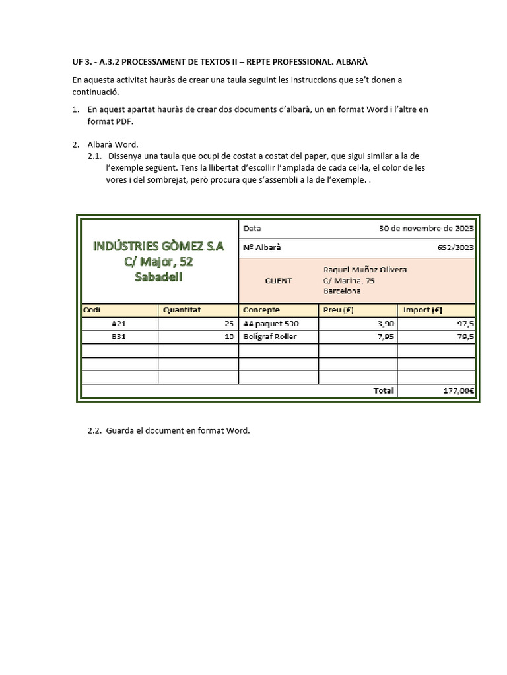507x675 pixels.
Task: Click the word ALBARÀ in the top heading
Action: pos(351,61)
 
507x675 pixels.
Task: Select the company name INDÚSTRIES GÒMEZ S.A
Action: pos(158,246)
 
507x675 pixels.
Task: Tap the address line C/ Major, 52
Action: pos(158,262)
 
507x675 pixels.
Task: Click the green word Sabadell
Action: pos(158,277)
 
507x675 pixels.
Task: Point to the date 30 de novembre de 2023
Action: pos(426,229)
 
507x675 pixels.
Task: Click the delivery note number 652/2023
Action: pos(455,247)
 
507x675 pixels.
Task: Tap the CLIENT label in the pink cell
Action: pos(278,281)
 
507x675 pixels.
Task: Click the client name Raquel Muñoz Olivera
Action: pos(364,270)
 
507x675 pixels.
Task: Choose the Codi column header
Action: pos(92,310)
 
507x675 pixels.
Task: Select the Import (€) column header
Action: pos(422,310)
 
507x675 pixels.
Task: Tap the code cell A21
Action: pos(119,324)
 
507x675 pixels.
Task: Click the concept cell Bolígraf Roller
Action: pos(270,336)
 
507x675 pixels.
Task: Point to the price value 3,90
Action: pos(385,324)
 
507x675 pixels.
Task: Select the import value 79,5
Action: pos(465,336)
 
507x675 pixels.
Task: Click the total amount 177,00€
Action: pos(458,390)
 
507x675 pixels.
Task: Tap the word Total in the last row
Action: pos(384,390)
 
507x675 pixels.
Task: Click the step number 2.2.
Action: pos(95,431)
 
